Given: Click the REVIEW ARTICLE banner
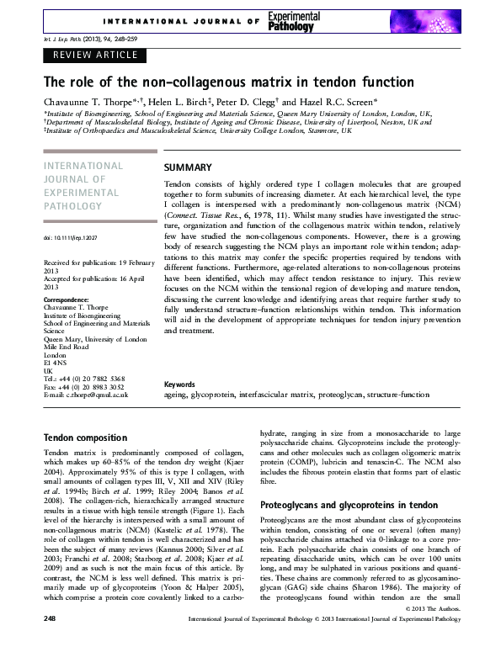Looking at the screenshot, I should [95, 56].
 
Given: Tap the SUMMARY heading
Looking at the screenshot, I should [188, 167].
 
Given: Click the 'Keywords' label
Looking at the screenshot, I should [180, 384].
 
